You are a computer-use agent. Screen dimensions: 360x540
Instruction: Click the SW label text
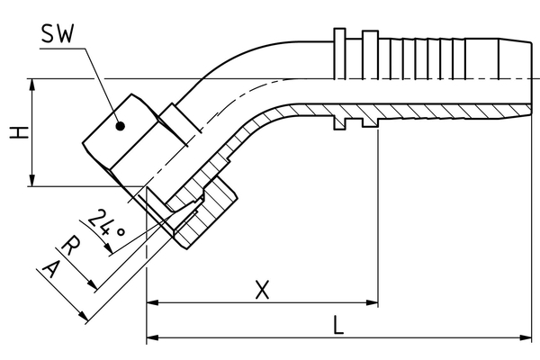[56, 35]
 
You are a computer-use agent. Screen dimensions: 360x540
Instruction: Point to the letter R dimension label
[73, 246]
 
